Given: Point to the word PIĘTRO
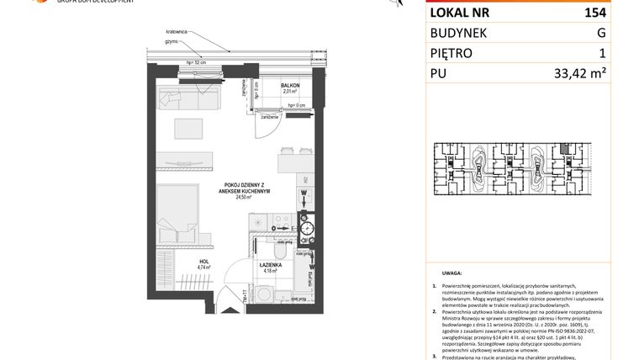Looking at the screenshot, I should point(452,54).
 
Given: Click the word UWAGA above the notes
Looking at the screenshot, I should point(451,274).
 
